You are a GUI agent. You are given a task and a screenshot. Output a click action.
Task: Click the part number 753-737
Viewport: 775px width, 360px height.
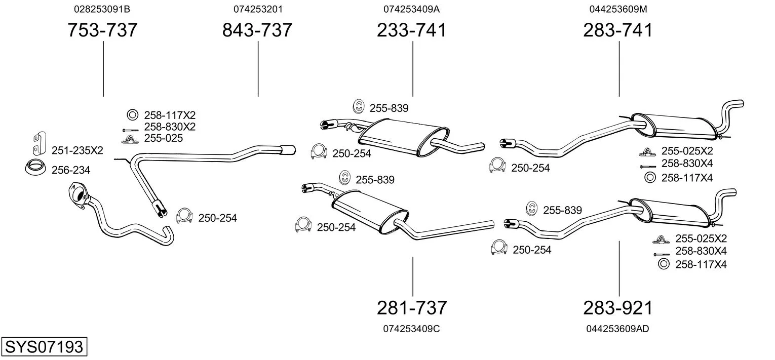(x=102, y=30)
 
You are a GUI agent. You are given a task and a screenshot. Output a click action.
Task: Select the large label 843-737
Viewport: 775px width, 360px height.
(x=257, y=30)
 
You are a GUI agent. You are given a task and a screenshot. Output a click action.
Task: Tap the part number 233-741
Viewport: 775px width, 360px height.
(x=412, y=30)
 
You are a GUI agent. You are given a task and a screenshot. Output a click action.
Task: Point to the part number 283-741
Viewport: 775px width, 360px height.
(x=618, y=30)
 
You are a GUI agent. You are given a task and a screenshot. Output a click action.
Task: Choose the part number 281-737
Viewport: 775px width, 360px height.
(x=412, y=307)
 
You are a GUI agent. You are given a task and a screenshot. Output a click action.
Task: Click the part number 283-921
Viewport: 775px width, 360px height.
(x=618, y=307)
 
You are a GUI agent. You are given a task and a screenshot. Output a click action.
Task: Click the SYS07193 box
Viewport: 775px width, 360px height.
(x=44, y=346)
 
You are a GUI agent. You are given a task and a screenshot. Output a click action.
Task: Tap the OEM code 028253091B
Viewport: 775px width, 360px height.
(x=102, y=9)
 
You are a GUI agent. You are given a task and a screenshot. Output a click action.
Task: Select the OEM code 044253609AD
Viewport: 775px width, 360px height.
(x=617, y=329)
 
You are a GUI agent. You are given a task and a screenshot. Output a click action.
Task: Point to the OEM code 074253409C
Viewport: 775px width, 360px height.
(x=411, y=329)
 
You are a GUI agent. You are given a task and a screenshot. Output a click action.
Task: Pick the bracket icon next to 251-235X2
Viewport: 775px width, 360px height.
(x=40, y=143)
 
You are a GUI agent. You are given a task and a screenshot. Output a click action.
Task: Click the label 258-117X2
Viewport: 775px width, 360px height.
(x=170, y=115)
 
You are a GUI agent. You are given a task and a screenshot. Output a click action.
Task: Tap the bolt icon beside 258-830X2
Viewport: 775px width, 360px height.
(x=130, y=130)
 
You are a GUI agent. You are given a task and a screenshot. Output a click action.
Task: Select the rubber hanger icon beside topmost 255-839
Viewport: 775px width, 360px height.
(x=359, y=106)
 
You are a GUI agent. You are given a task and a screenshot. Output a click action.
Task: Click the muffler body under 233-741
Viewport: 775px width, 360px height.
(x=403, y=137)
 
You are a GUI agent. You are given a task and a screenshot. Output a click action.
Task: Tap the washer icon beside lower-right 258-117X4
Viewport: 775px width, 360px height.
(x=663, y=264)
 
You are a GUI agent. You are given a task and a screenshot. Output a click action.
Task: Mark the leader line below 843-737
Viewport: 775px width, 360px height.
(x=258, y=69)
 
